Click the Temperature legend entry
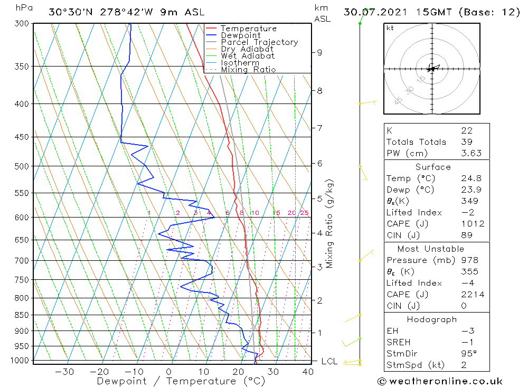coord(248,29)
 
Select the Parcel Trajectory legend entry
coord(259,42)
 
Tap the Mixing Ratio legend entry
coord(248,70)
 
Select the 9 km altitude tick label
coord(319,52)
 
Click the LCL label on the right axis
coord(329,362)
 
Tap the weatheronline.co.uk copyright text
coord(440,381)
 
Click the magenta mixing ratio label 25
coord(304,213)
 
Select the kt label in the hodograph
coord(390,28)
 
